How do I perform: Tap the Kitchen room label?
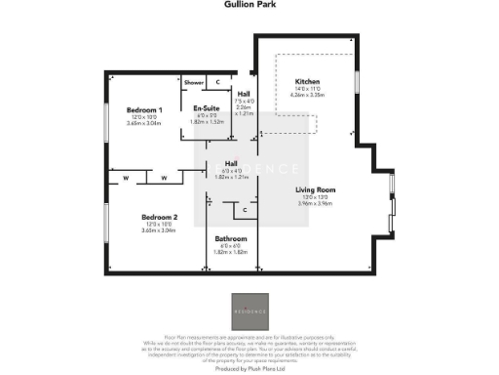pos(308,82)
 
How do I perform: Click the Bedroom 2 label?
pos(159,216)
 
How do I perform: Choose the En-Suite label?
pos(205,108)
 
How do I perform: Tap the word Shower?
pos(193,83)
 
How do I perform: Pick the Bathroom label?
pos(231,239)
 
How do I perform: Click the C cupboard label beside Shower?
pos(217,83)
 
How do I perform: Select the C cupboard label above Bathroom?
pos(245,210)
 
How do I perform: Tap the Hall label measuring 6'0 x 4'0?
pos(232,163)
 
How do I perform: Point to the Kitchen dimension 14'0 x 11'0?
pos(308,90)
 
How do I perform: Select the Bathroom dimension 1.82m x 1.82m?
pos(231,253)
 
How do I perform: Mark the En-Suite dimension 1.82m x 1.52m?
pos(205,122)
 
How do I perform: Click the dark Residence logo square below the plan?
pos(249,310)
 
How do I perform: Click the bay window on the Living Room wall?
pos(391,205)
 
